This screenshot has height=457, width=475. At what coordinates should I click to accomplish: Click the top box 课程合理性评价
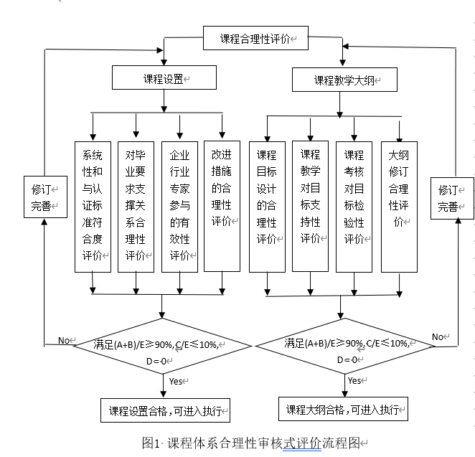click(255, 39)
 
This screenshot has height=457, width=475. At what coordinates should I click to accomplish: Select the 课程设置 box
click(164, 77)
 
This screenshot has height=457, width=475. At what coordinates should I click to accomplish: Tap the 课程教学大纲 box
click(344, 80)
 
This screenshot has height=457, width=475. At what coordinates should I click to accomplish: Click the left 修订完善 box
click(44, 197)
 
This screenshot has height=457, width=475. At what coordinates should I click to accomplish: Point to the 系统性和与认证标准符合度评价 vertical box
click(93, 206)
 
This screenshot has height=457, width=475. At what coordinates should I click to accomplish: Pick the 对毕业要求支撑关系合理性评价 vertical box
click(136, 206)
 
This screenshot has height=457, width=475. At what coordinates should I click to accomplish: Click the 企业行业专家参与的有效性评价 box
click(179, 206)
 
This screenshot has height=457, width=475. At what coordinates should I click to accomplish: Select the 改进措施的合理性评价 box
click(222, 206)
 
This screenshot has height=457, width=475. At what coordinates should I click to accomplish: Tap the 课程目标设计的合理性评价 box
click(267, 206)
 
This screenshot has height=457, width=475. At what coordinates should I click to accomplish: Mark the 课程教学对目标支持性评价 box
click(310, 206)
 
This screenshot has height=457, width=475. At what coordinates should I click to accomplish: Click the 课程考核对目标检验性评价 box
click(354, 206)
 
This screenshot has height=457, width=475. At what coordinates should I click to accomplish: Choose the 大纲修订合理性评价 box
click(399, 206)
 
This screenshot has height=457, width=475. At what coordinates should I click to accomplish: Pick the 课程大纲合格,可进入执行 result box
click(343, 410)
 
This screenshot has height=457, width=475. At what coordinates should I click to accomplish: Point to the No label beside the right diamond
click(439, 336)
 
